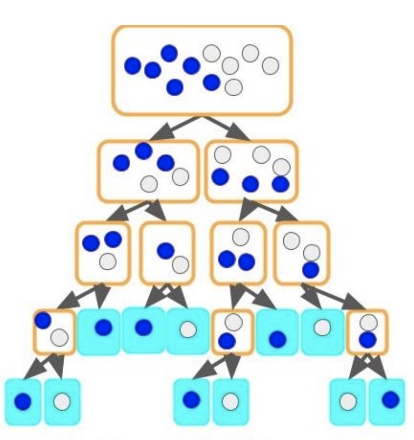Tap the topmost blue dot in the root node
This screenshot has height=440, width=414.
click(169, 53)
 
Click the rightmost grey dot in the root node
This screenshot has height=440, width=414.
click(270, 66)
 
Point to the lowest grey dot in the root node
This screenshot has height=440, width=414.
click(234, 87)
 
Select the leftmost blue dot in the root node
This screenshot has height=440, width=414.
click(133, 66)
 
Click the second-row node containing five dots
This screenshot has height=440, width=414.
click(148, 171)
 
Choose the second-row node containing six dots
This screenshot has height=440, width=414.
click(251, 171)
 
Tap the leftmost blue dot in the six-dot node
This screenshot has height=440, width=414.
click(220, 177)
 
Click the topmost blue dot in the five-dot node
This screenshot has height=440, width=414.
click(144, 151)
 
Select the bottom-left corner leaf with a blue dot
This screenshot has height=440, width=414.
click(23, 401)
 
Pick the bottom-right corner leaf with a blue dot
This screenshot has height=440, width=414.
click(390, 400)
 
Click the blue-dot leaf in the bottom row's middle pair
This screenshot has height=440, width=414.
click(191, 399)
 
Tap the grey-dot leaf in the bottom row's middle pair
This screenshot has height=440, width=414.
click(230, 401)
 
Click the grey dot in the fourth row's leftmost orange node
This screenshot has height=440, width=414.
click(60, 336)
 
